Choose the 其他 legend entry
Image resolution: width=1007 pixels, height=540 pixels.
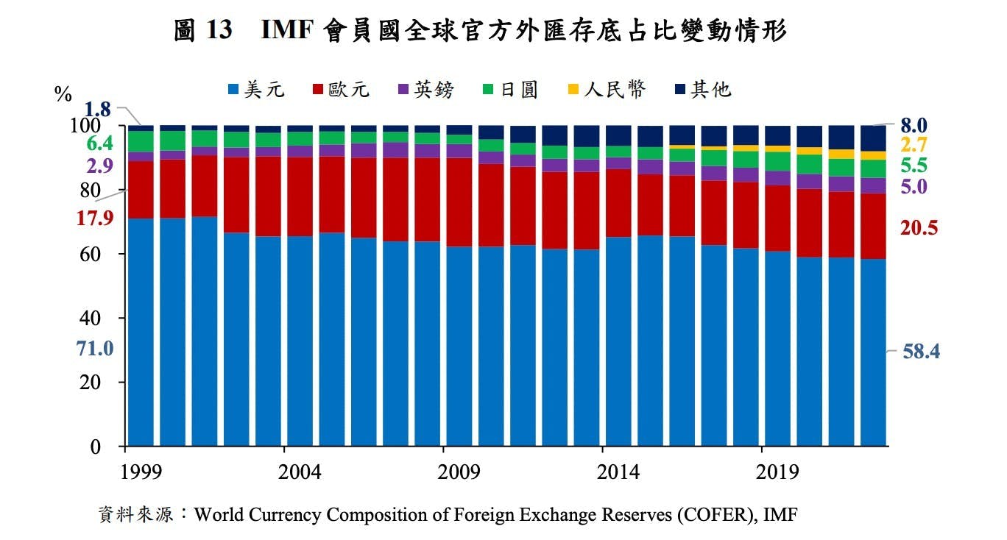tap(703, 90)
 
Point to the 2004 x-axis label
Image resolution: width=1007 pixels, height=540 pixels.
tap(300, 472)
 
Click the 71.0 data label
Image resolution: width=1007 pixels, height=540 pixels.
tap(95, 349)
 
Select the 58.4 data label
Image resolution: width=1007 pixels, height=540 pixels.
tap(921, 352)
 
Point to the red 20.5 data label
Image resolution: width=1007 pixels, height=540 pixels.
tap(919, 228)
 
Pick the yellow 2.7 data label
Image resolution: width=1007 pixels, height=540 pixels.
tap(914, 144)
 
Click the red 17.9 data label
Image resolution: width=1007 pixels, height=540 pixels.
tap(94, 218)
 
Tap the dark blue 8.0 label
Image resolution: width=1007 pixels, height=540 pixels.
tap(914, 124)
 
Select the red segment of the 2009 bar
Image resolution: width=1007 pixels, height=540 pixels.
tap(459, 202)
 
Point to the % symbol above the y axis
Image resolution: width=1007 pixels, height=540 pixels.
tap(63, 94)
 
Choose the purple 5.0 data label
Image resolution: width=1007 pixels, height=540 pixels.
tap(914, 186)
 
